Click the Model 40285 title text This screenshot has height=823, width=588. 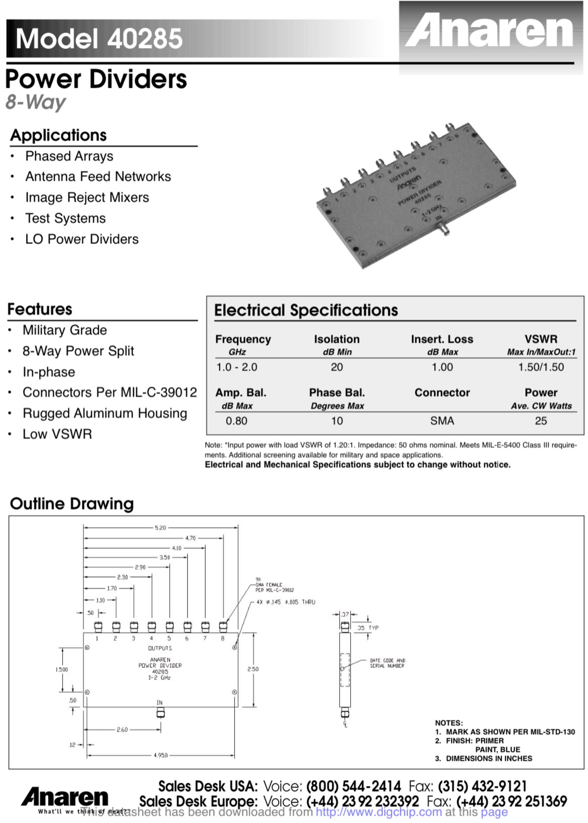point(99,38)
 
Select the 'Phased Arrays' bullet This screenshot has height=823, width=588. point(69,156)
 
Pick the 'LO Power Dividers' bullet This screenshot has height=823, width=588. point(82,239)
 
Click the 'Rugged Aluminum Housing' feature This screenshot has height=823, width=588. point(105,413)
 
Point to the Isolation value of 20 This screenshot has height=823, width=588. point(337,367)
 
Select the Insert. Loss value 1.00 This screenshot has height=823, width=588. point(442,367)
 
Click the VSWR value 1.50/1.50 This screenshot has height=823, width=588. point(541,367)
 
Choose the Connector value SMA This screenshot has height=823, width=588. point(442,421)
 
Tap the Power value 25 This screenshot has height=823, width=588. point(541,421)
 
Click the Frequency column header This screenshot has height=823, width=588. point(243,339)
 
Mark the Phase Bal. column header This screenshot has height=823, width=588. point(337,393)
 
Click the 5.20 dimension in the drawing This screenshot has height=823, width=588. point(160,528)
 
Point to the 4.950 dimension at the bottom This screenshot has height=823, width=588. point(160,755)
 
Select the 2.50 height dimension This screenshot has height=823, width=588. point(253,669)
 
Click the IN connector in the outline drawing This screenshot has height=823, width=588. point(160,712)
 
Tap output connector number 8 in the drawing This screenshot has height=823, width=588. point(223,626)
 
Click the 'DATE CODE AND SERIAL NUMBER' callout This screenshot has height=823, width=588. point(387,663)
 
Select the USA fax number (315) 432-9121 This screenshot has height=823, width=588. point(482,786)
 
